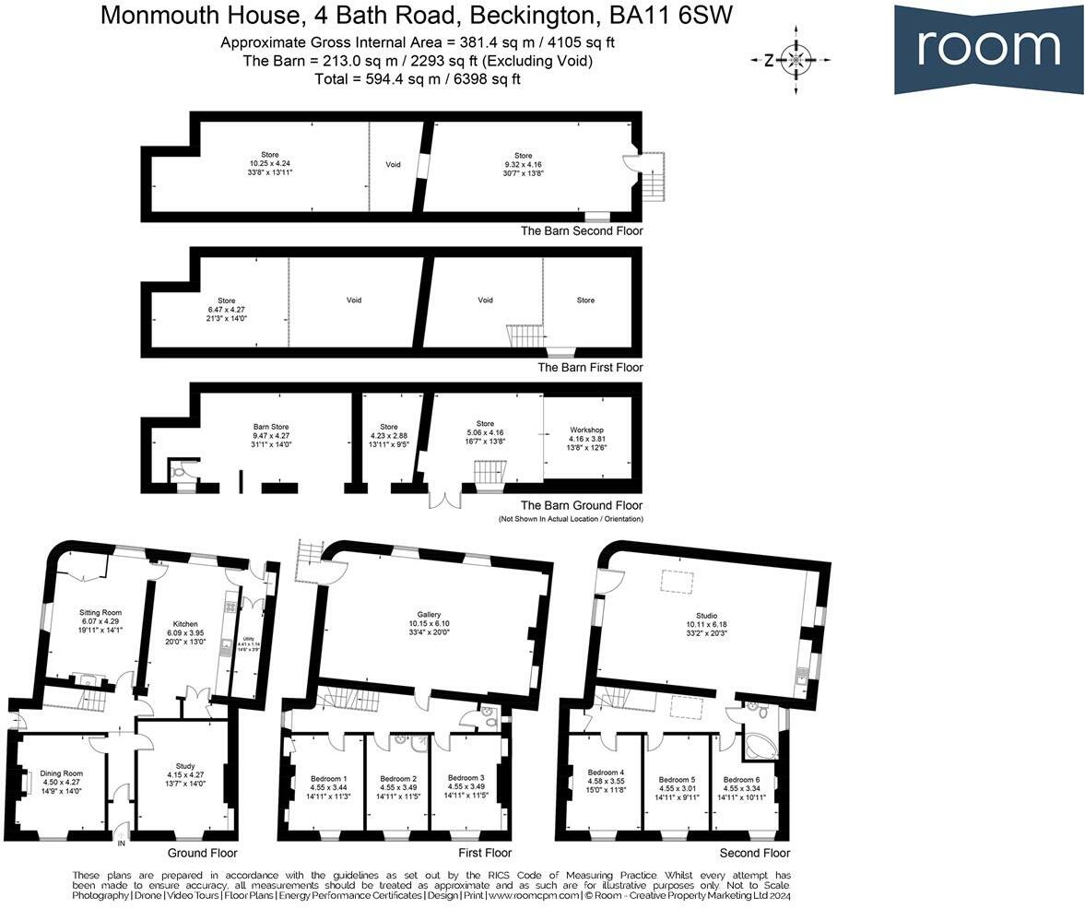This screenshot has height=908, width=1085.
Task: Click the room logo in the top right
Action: (x=988, y=48)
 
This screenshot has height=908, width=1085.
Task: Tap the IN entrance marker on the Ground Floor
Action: (x=121, y=841)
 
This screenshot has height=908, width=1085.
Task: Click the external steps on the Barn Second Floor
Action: (x=655, y=167)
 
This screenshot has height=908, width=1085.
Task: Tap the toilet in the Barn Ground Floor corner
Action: (x=180, y=471)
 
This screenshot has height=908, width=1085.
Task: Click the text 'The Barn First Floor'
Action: (x=590, y=367)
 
